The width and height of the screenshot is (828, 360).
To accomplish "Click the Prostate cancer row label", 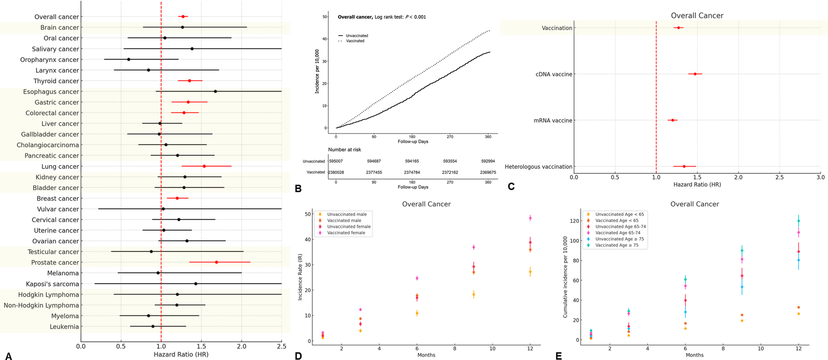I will [55, 263].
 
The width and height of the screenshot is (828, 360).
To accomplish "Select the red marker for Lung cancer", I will [204, 166].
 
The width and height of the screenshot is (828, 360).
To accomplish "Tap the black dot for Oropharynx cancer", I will [129, 59].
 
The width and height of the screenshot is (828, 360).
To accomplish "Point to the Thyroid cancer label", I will [56, 81].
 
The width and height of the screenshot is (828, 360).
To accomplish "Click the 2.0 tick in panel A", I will [241, 347].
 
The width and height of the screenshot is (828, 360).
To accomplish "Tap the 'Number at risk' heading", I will [344, 150].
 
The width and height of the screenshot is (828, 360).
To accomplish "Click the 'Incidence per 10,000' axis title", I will [317, 71].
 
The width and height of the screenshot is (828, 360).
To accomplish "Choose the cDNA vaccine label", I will [554, 74].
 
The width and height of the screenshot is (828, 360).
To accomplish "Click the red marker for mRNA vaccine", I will [673, 120].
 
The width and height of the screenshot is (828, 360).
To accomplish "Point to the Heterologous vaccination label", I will [539, 167].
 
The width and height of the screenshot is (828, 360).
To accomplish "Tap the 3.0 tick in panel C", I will [820, 177].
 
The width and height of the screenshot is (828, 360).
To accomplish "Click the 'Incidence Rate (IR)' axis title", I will [300, 277].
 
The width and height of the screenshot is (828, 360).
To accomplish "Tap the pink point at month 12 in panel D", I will [530, 218].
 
